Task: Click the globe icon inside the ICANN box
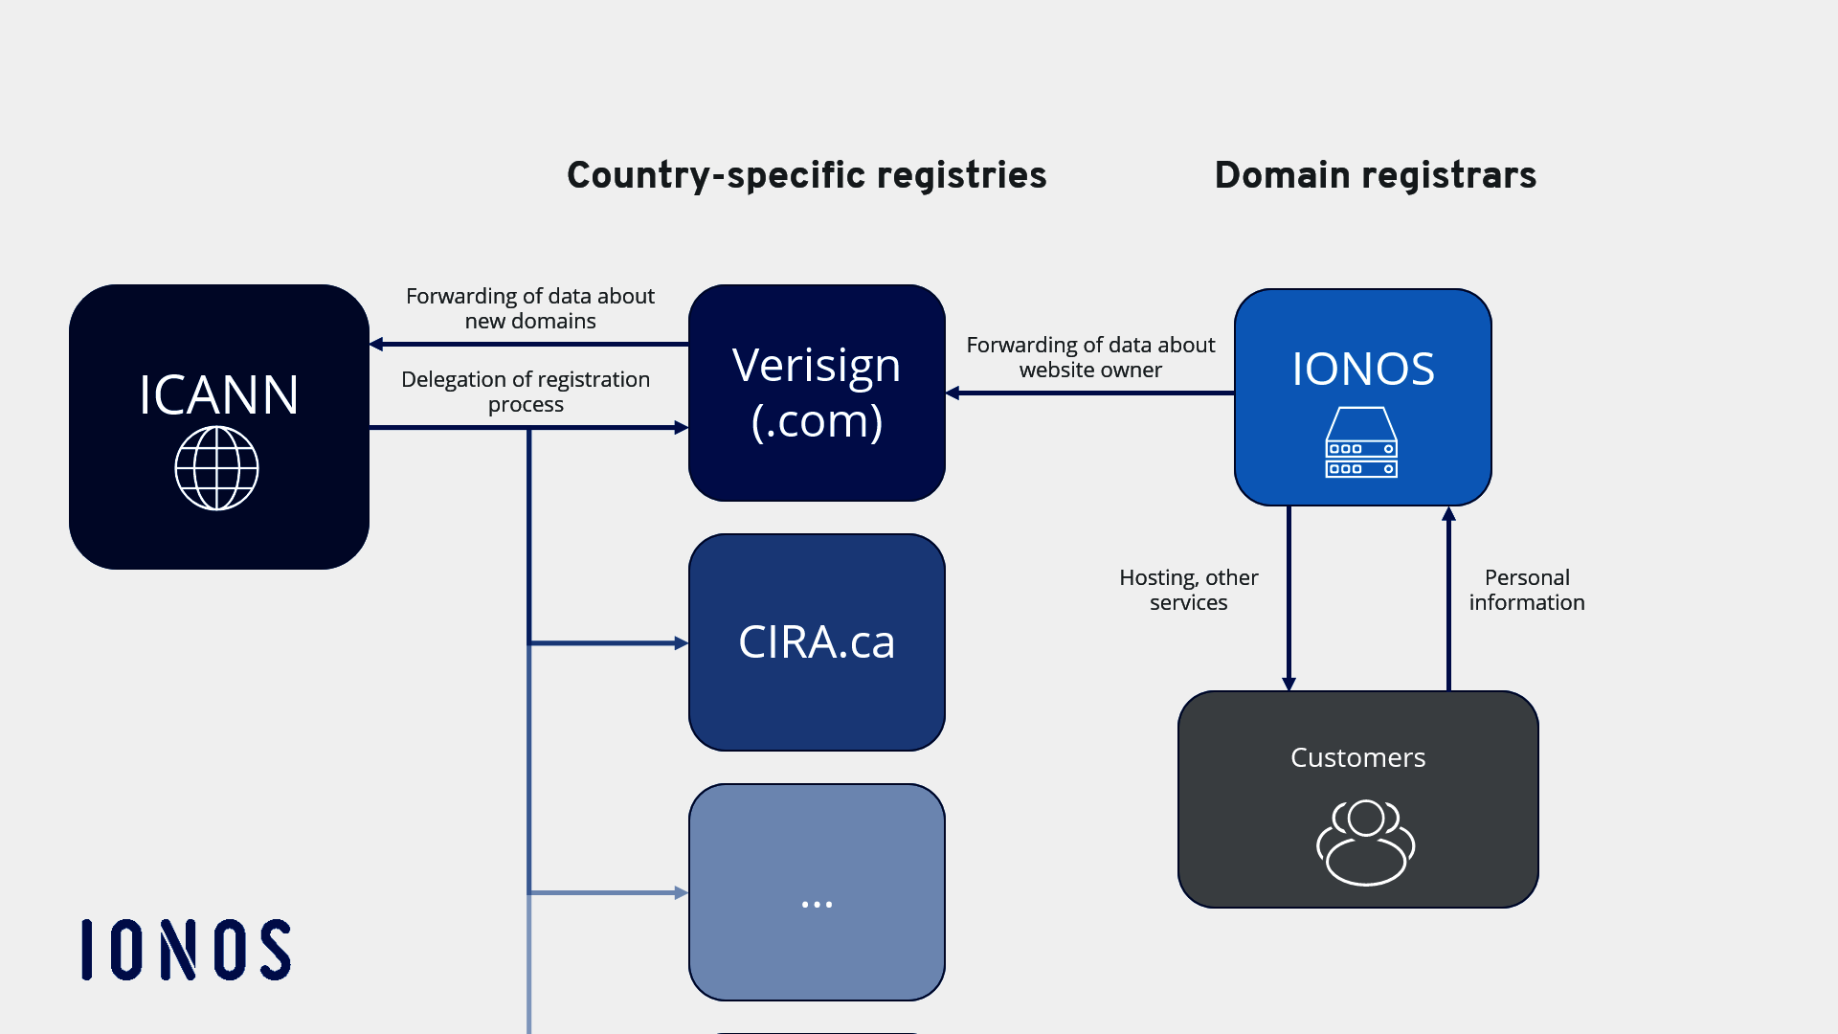pos(217,468)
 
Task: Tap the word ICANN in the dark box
pos(218,394)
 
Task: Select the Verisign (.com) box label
pos(817,393)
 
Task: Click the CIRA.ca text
pos(817,641)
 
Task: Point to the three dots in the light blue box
pos(817,904)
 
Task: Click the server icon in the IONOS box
pos(1361,443)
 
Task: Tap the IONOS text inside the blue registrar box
pos(1363,369)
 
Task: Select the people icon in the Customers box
pos(1365,843)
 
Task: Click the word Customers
pos(1357,757)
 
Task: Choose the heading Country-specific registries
pos(806,175)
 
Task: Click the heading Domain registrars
pos(1375,175)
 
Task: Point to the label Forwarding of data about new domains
pos(529,308)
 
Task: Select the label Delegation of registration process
pos(526,392)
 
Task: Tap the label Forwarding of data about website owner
pos(1090,357)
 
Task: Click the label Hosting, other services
pos(1188,590)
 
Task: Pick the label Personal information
pos(1527,590)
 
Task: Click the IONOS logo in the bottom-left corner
pos(186,950)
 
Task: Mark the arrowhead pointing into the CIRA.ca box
pos(681,643)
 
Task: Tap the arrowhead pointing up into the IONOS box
pos(1448,514)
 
